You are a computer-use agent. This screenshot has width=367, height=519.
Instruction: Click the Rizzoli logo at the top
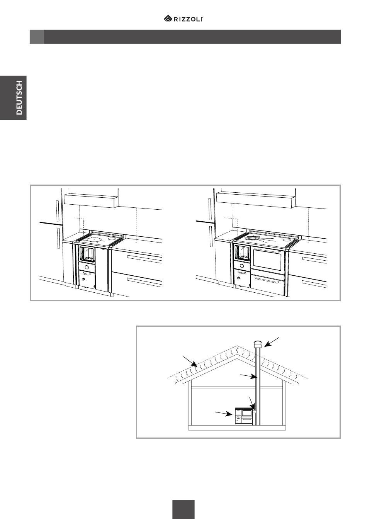click(x=183, y=18)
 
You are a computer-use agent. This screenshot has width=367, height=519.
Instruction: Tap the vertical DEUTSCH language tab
click(x=13, y=98)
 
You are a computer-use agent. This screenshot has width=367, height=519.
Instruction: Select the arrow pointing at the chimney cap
click(x=272, y=342)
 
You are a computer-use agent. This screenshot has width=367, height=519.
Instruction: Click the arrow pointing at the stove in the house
click(x=224, y=413)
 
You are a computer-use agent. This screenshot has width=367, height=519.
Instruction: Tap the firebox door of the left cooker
click(x=87, y=254)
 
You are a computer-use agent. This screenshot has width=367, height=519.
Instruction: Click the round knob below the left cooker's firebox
click(x=87, y=267)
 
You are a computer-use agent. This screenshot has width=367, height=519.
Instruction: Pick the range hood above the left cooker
click(x=91, y=200)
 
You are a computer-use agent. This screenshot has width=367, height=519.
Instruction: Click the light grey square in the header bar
click(x=37, y=37)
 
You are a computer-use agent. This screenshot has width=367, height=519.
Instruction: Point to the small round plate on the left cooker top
click(x=112, y=239)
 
